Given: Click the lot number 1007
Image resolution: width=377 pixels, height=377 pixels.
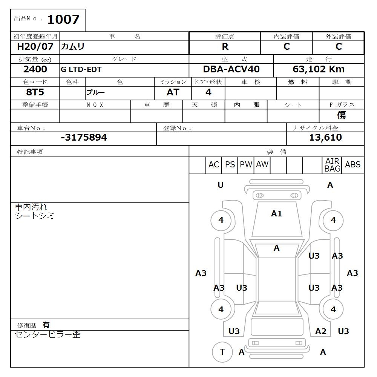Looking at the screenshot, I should (x=63, y=19).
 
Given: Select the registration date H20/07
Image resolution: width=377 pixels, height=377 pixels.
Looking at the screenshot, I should (x=35, y=47).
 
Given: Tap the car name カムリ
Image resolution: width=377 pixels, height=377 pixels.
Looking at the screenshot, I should (x=73, y=47).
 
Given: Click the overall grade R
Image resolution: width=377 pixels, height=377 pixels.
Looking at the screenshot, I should (x=225, y=47).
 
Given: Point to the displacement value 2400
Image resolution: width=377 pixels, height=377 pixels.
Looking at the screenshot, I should (x=35, y=69).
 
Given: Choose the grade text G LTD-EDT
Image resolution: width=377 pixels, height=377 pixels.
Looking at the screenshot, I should (x=81, y=70).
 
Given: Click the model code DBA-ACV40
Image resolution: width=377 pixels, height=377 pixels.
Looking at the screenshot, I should (x=231, y=69).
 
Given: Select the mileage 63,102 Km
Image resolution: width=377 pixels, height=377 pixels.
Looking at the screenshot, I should (x=319, y=69).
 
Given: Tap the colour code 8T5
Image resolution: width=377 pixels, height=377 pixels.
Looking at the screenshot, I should (x=35, y=92).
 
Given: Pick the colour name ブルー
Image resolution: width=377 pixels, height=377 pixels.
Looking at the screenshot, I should (x=96, y=93).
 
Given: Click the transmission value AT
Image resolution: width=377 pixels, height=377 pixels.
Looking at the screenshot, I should (x=173, y=92).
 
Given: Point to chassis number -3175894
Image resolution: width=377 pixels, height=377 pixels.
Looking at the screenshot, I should (x=84, y=138).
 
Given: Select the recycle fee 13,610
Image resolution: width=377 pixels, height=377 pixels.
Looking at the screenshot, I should (x=325, y=138).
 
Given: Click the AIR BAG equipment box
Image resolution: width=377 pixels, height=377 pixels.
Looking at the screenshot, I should (x=332, y=165).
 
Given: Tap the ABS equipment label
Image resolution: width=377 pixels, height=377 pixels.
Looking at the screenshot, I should (x=352, y=165).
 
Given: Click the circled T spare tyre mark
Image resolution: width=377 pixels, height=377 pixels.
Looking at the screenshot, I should (x=222, y=352).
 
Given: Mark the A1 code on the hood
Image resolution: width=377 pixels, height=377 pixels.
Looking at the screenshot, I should (x=276, y=214).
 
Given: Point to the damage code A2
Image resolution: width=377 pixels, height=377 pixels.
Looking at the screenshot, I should (x=320, y=331).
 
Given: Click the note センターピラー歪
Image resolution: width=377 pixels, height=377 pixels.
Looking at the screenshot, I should (x=48, y=334).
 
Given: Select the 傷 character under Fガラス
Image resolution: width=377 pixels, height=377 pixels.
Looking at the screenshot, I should (x=342, y=115).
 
